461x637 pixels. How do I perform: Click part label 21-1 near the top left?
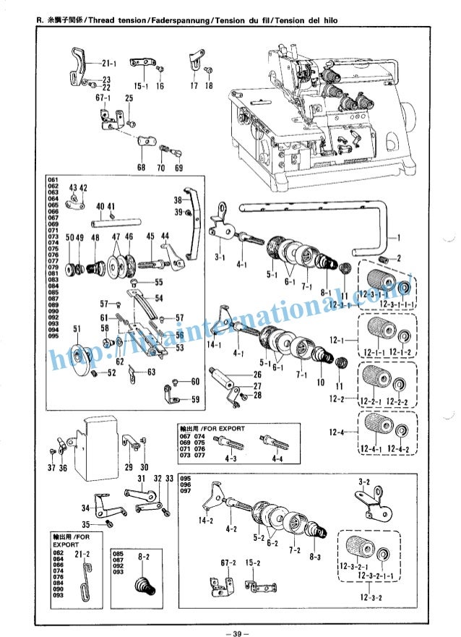point(111,64)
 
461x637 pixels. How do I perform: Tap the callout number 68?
point(142,168)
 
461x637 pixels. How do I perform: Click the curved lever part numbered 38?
point(191,224)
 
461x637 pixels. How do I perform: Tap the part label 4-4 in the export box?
point(278,459)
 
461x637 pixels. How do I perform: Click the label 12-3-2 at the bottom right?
point(369,597)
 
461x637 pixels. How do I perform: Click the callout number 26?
point(257,375)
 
